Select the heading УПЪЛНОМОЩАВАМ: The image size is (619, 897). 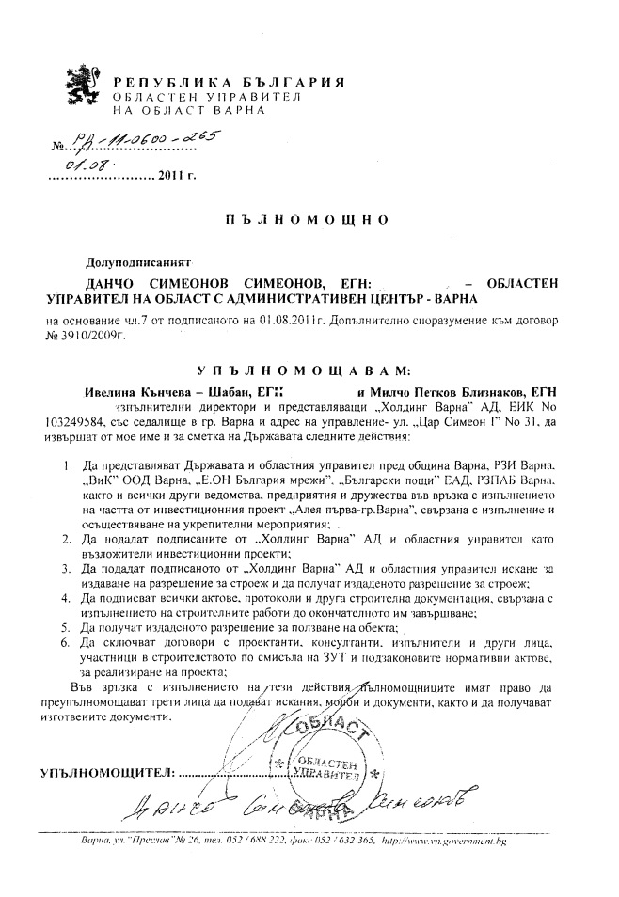[x=309, y=371]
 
